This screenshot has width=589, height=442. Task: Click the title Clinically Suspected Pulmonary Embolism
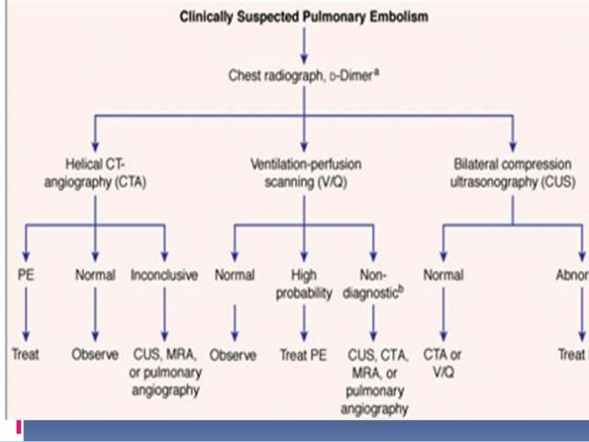(304, 18)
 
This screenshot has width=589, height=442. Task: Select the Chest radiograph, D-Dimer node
(304, 78)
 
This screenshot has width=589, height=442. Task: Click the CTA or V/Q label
(444, 362)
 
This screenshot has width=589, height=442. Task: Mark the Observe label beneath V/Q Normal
(233, 354)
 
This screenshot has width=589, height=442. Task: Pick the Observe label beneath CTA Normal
(95, 354)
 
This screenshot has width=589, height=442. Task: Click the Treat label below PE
(25, 354)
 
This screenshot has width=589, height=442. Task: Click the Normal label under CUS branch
(444, 275)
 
